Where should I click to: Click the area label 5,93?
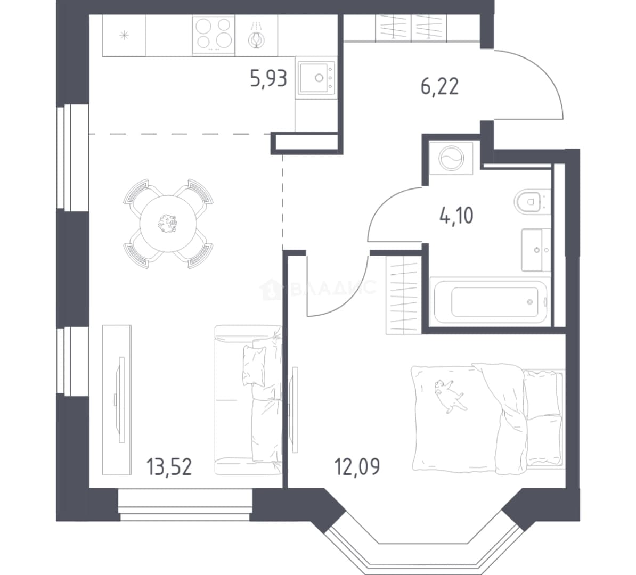268,79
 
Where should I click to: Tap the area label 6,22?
439,86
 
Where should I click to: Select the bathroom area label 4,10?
456,215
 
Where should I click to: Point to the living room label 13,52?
169,466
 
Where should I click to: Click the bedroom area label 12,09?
357,466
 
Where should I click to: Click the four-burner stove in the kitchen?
214,35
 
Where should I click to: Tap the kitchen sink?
316,77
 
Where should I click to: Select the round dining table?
168,224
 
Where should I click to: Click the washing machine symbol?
451,158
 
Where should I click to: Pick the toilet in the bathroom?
532,201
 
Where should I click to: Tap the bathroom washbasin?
536,250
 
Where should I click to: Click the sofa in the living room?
248,400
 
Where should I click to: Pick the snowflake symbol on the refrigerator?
124,35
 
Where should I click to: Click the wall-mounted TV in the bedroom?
295,409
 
